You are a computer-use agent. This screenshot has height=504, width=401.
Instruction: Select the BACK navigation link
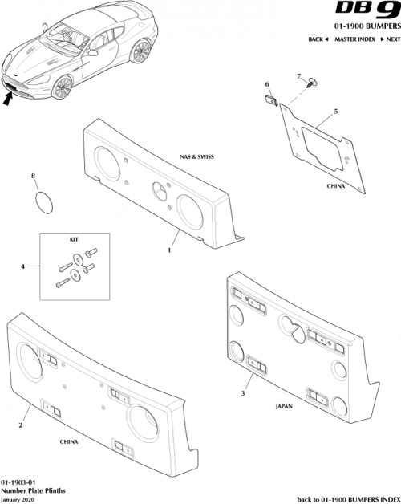click(318, 39)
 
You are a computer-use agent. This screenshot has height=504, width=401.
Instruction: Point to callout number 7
click(298, 76)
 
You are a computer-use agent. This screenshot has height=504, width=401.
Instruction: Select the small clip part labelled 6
click(273, 101)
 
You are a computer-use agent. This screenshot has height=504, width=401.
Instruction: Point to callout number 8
click(33, 175)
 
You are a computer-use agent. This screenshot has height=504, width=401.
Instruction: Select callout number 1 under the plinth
click(169, 251)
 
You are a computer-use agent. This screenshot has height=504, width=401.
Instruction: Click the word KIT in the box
click(75, 239)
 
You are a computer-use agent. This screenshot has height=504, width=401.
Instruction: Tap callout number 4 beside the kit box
click(22, 265)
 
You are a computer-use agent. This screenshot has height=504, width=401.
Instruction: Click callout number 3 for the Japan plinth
click(242, 393)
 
